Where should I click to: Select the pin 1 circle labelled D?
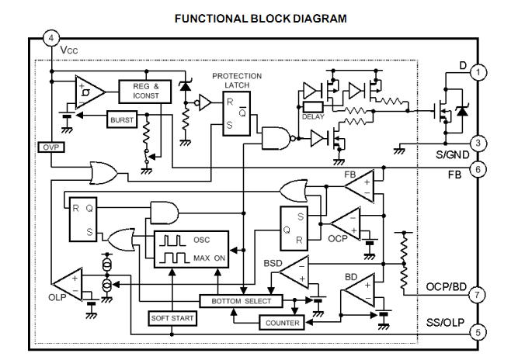pos(480,72)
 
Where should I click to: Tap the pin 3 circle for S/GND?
pos(480,143)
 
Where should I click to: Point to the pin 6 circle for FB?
pos(480,169)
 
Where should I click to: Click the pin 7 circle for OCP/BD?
pos(480,296)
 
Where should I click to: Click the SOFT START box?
pos(171,319)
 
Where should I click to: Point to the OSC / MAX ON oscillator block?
pos(190,248)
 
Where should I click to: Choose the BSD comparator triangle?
pos(292,272)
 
